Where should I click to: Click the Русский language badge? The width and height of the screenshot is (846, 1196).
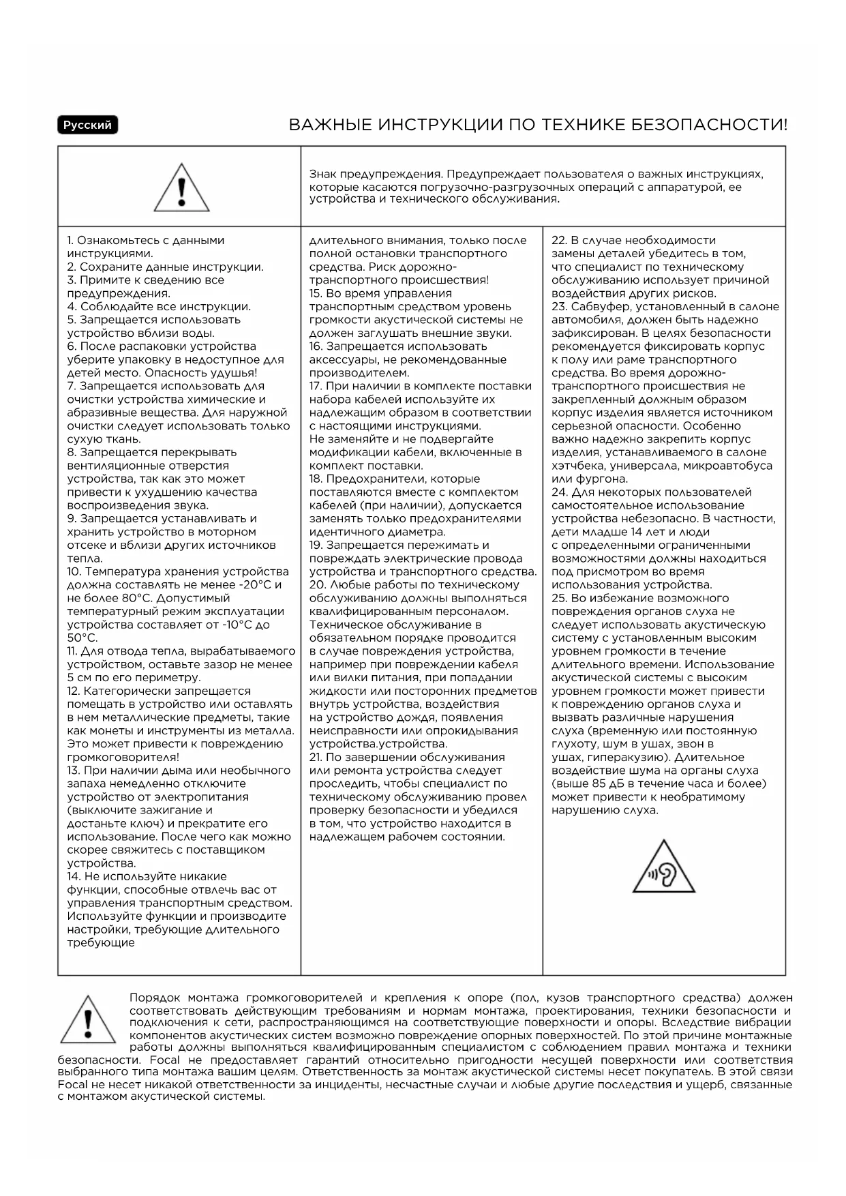87,125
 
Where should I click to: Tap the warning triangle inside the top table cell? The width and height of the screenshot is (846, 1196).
181,188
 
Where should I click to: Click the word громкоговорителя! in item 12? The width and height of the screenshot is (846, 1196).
123,758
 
